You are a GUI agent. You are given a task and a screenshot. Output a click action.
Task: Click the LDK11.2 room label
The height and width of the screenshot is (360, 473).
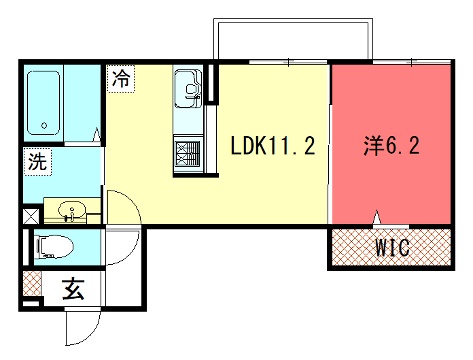pos(273,146)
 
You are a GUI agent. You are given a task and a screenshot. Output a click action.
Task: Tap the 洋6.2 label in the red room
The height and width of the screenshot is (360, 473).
pos(391,146)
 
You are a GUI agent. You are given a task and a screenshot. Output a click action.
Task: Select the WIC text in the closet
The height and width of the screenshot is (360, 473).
pos(392,247)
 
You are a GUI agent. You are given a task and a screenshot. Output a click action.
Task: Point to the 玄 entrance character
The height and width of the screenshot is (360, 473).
pos(73,289)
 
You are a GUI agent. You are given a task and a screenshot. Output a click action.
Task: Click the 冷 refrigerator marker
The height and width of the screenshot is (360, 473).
pos(121,79)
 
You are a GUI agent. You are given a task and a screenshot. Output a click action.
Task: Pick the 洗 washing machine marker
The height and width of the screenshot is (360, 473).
pos(38,162)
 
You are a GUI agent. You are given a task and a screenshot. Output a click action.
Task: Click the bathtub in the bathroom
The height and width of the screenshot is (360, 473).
pos(44,103)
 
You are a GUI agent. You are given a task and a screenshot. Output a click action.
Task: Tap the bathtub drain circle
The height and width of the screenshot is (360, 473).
pos(44,126)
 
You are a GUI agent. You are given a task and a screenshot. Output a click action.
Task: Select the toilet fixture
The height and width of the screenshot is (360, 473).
pos(54,247)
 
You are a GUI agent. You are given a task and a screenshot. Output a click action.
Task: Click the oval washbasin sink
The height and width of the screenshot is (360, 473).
pos(72,211)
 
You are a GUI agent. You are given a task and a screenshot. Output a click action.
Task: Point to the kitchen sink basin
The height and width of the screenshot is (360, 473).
pos(188,88)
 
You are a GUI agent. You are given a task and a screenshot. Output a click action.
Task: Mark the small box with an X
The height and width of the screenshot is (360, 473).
pos(31,216)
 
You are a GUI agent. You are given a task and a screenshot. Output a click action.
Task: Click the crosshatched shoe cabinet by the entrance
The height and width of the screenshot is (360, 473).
pos(32,283)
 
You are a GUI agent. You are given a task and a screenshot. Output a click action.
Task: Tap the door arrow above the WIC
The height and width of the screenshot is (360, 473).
pos(377,217)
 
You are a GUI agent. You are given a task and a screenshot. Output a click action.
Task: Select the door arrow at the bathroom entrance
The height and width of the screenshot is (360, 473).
pos(97,135)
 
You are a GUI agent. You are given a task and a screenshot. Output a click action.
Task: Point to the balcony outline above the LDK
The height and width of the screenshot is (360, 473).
pos(293,20)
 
